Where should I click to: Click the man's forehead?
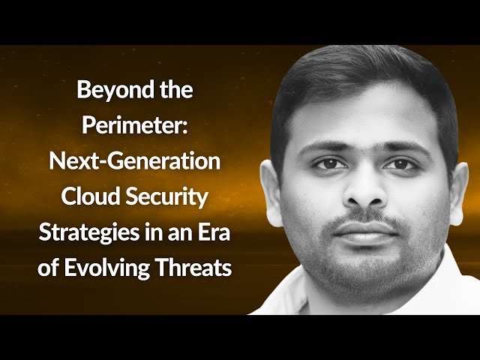(x=360, y=120)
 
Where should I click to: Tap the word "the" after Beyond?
(x=174, y=91)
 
